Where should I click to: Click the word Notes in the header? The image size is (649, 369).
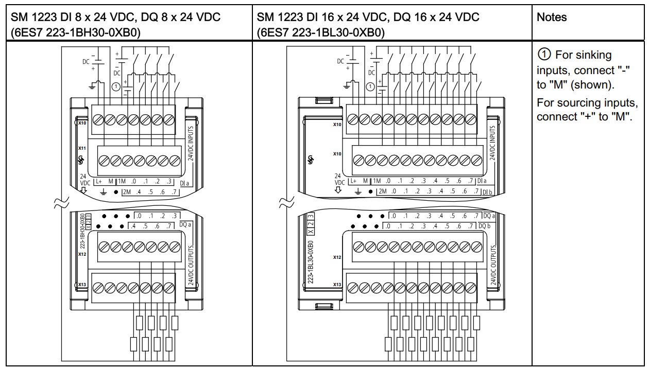551,17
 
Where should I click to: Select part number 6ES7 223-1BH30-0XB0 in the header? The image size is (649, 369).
77,32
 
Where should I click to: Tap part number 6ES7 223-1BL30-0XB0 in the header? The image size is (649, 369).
320,32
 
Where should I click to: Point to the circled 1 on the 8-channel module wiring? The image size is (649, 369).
116,86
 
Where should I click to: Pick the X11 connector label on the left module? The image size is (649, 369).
82,148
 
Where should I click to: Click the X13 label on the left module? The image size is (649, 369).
82,285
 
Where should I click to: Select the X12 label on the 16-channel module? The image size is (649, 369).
337,257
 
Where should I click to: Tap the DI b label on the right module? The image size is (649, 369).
487,192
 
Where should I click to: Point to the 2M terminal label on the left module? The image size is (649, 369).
126,192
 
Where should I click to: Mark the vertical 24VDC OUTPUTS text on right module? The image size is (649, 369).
493,265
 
